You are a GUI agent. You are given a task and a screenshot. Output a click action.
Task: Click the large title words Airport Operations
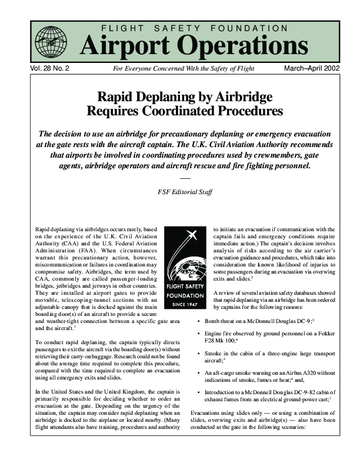tap(194, 45)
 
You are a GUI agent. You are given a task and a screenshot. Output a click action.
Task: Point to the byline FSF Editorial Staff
tap(185, 191)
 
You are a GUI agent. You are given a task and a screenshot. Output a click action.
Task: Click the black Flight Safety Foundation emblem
tap(186, 264)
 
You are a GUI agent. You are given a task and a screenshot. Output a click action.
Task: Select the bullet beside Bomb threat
tap(198, 322)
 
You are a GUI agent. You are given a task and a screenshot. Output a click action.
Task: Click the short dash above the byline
tap(185, 178)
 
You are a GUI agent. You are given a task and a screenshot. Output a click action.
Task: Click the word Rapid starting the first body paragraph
tap(44, 227)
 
